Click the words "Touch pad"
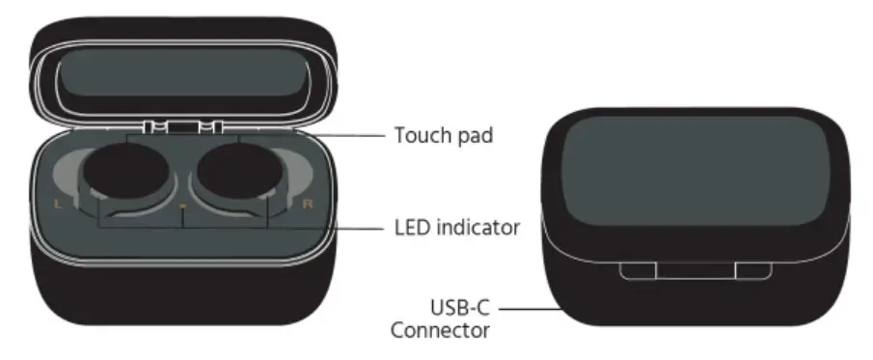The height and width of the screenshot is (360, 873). pos(443,135)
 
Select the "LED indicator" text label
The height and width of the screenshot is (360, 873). pos(457,229)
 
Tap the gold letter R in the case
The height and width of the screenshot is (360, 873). pos(308,205)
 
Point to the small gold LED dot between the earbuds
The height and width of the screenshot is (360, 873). pos(182,207)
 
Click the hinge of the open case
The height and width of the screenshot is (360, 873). pos(183,126)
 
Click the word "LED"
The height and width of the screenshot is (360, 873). pos(413,229)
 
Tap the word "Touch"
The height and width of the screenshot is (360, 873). pos(420,135)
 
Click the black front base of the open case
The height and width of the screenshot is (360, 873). pos(183,290)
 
